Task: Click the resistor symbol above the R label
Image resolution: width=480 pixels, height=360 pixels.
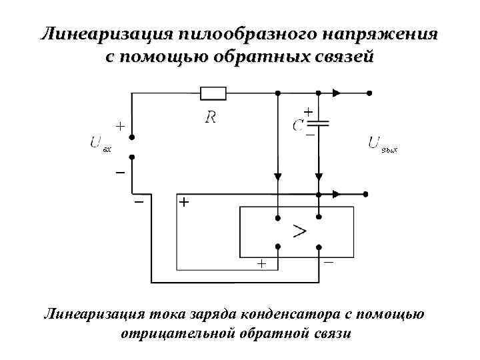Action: [213, 93]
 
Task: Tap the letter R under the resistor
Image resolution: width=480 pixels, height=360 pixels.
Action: [211, 117]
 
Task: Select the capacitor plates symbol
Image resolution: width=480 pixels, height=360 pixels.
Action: [320, 124]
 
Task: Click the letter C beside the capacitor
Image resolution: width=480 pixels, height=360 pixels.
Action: [299, 125]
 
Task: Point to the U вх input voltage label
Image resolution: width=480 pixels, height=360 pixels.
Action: [100, 143]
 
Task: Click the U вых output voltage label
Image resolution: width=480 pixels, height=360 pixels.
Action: [382, 143]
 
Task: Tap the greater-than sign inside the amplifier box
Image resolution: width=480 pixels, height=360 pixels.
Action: [299, 231]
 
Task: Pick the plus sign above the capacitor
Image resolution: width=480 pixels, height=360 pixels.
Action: [308, 111]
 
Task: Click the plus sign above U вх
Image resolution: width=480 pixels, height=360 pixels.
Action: [119, 125]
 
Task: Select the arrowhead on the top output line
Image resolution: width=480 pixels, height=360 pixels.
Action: [337, 93]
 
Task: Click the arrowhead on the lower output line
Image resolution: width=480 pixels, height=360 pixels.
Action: [337, 194]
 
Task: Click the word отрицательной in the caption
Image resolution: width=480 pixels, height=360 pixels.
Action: [179, 332]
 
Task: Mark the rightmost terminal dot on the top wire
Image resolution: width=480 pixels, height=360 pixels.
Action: [369, 93]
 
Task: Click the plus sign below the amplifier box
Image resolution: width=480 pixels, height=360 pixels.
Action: [261, 264]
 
